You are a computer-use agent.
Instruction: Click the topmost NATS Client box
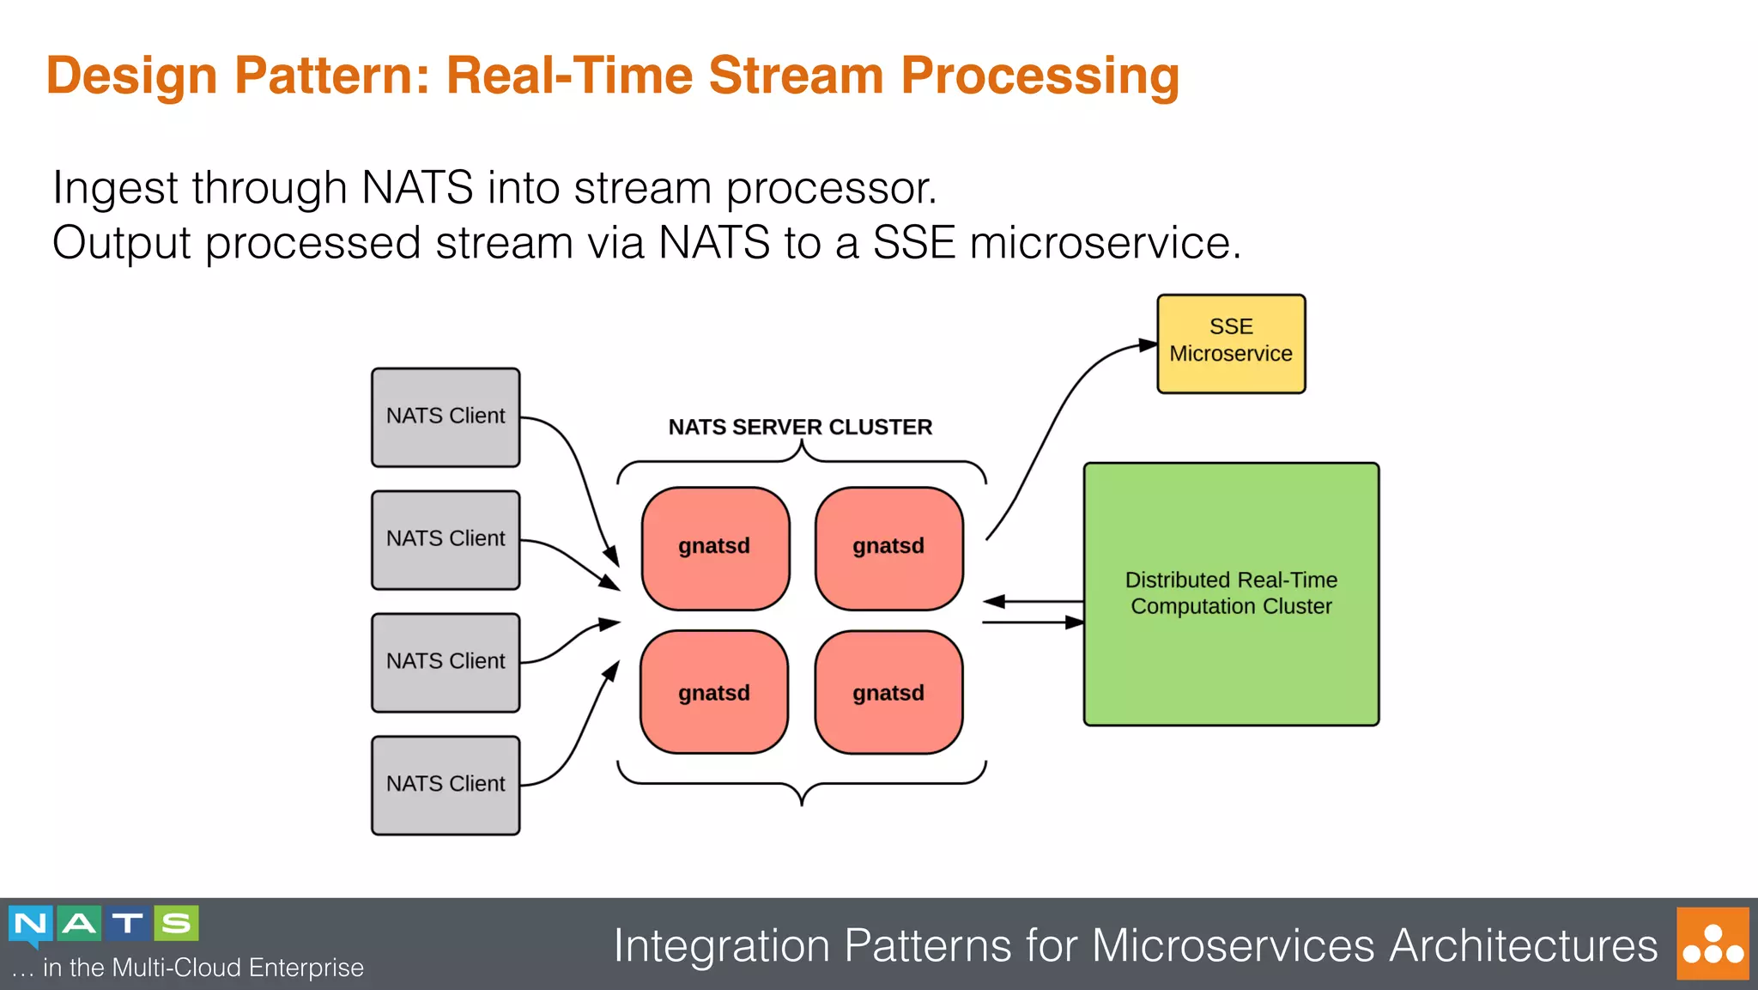click(x=446, y=417)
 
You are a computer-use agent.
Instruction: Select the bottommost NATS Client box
click(x=446, y=785)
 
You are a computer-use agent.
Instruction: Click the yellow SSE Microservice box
click(x=1231, y=343)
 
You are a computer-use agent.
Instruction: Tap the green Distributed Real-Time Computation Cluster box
click(x=1231, y=594)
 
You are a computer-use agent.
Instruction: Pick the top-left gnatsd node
click(x=715, y=548)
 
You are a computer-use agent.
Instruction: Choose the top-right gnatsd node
click(x=888, y=548)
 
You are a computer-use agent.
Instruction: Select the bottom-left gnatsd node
click(x=714, y=692)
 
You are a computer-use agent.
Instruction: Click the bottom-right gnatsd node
click(x=888, y=692)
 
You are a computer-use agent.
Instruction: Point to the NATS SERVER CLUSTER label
click(x=800, y=427)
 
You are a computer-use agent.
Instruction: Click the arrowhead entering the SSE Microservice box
click(x=1148, y=345)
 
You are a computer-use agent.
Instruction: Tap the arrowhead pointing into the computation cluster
click(x=1074, y=622)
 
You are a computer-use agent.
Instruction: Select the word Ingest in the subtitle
click(x=115, y=188)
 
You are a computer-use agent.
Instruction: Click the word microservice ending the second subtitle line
click(x=1105, y=243)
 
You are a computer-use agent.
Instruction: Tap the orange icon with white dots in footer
click(x=1713, y=944)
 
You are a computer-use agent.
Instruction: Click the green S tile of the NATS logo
click(x=177, y=924)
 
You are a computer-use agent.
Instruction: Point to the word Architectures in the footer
click(x=1524, y=945)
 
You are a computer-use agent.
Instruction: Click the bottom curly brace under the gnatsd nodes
click(x=802, y=785)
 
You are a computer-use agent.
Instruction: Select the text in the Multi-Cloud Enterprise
click(x=203, y=968)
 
